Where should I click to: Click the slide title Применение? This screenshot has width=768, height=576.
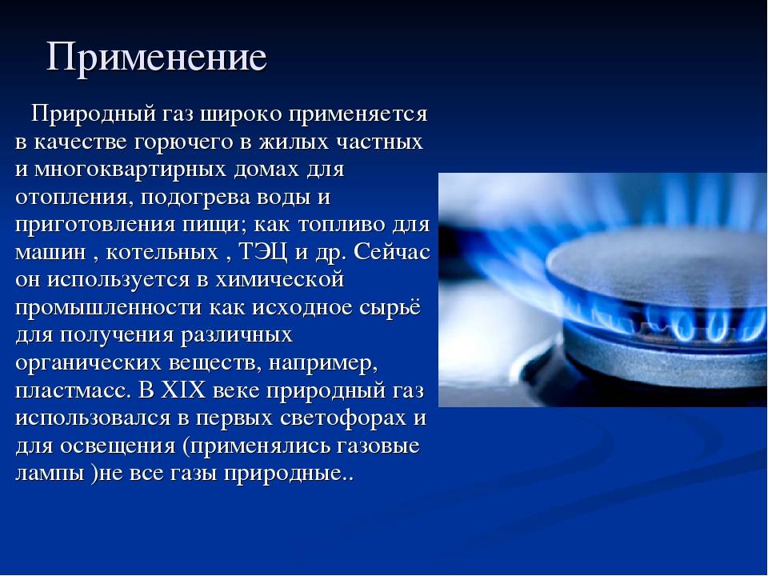tap(157, 58)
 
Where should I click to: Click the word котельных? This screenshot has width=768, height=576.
tap(162, 252)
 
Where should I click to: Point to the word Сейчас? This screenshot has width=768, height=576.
tap(392, 252)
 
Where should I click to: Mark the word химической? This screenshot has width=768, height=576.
tap(280, 280)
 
